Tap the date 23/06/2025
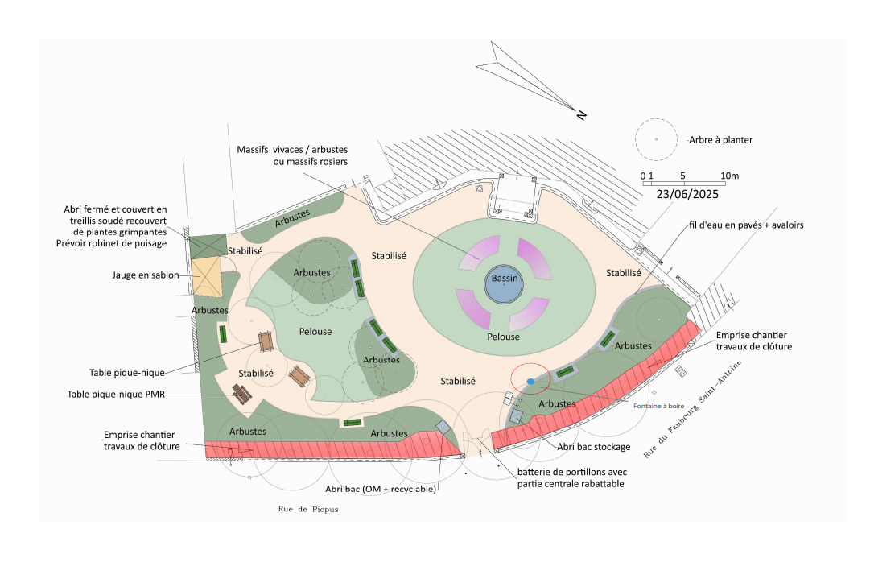coord(687,194)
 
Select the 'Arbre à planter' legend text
coord(720,140)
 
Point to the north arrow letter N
coord(581,115)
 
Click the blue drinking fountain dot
coord(530,381)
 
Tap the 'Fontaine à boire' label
coord(658,406)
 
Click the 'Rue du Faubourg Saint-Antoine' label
coord(692,410)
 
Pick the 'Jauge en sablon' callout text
coord(146,275)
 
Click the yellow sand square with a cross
coord(206,276)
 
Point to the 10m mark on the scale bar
coord(729,176)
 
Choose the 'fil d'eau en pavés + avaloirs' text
coord(745,225)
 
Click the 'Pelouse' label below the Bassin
coord(504,337)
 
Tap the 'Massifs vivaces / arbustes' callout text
coord(298,150)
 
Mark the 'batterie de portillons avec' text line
coord(571,472)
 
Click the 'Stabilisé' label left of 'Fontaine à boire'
coord(458,381)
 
